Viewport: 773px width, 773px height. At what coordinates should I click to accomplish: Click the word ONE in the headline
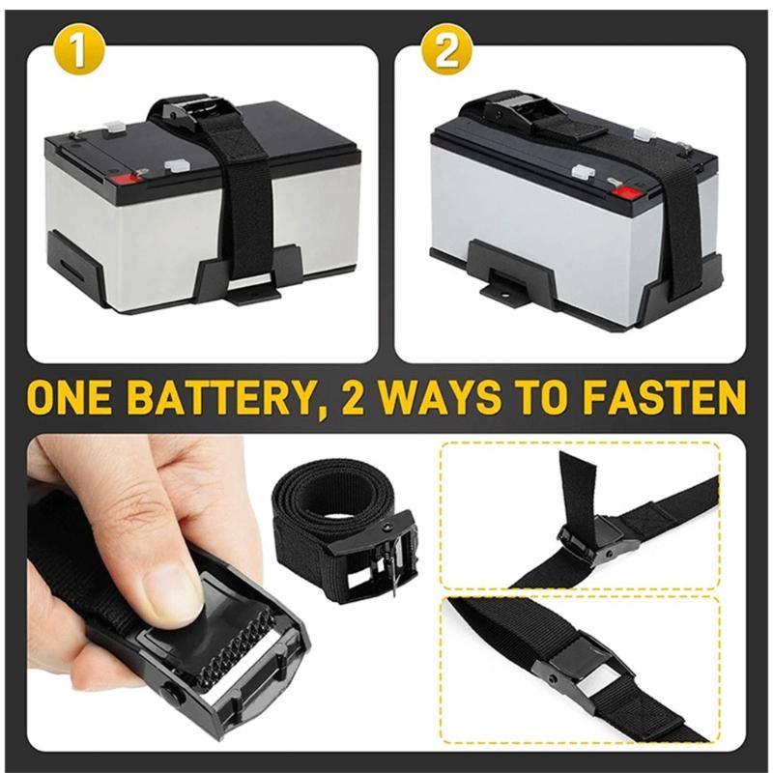pyautogui.click(x=79, y=398)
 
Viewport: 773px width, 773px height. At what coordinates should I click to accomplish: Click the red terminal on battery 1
pyautogui.click(x=123, y=178)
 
